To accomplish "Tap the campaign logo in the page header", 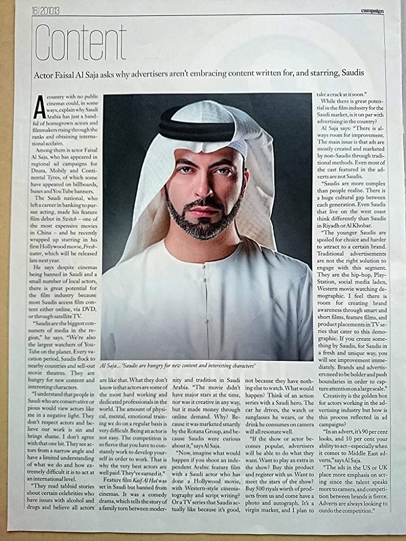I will [x=373, y=10].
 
